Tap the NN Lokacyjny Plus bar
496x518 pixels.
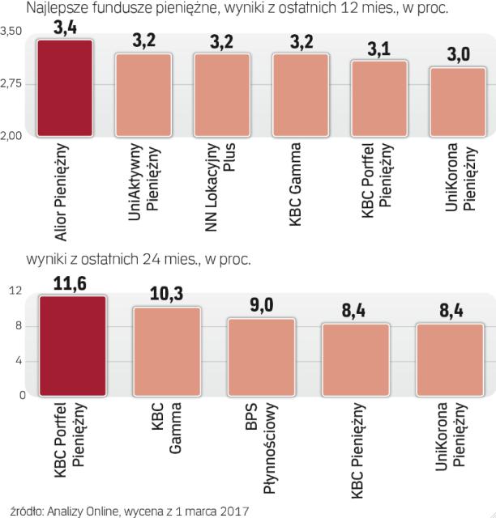pos(222,96)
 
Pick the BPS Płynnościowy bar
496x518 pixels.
pos(260,357)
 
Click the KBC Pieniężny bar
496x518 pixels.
pos(354,359)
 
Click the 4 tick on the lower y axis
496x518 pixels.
pos(17,361)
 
